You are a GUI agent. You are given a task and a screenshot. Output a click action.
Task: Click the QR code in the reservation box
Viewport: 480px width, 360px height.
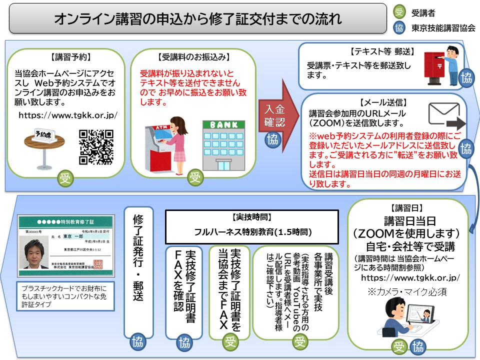pyautogui.click(x=96, y=146)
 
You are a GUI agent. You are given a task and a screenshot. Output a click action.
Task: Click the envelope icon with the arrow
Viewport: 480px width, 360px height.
pyautogui.click(x=443, y=116)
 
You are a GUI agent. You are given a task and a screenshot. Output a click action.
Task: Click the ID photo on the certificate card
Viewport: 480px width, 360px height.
pyautogui.click(x=36, y=250)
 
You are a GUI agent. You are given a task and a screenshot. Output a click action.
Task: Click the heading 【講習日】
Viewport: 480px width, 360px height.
pyautogui.click(x=408, y=207)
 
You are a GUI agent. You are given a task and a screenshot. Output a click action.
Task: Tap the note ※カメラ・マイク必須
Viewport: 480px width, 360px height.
pyautogui.click(x=407, y=291)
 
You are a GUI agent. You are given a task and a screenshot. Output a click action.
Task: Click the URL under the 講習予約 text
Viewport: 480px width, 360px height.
pyautogui.click(x=68, y=115)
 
